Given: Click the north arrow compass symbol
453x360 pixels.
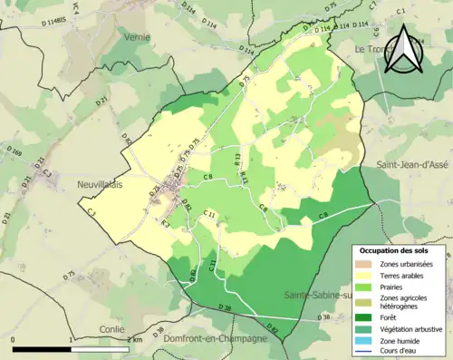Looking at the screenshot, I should click(x=402, y=51).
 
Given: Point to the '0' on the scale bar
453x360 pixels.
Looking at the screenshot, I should click(x=14, y=338).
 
